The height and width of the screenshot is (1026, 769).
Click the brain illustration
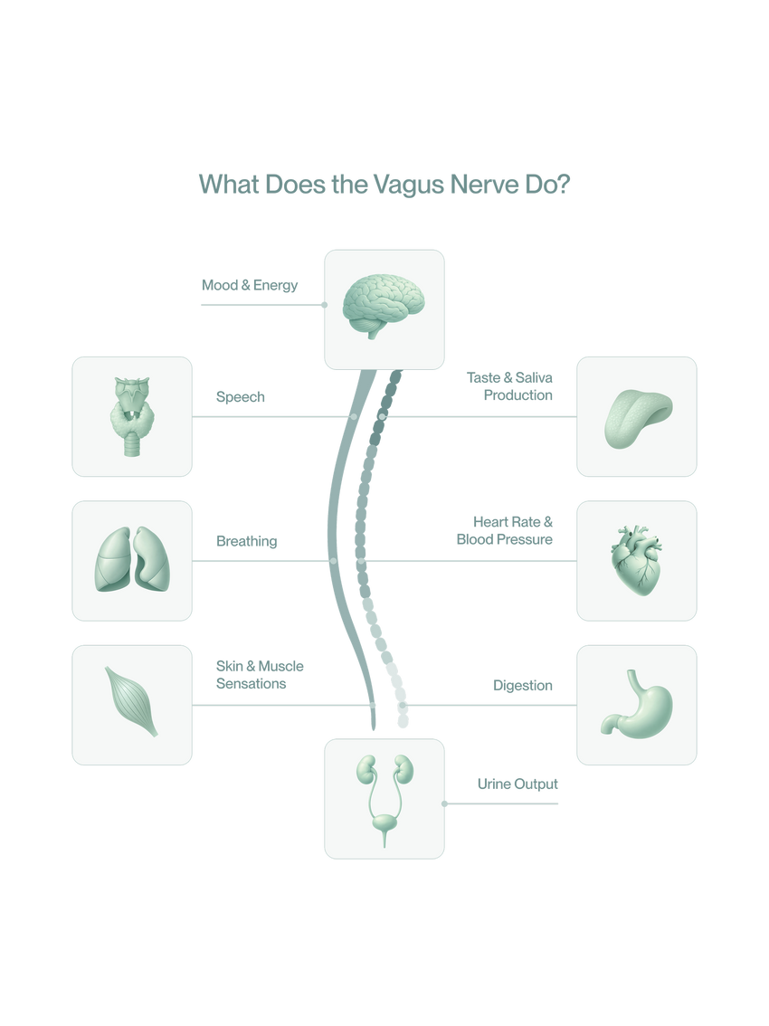tap(384, 306)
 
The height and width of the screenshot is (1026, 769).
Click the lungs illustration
tap(132, 561)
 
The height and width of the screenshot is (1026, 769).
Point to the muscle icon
tap(132, 702)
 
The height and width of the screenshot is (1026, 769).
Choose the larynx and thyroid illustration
tap(132, 412)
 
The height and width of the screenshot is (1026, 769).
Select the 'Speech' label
tap(240, 397)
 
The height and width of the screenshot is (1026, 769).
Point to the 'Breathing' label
tap(245, 541)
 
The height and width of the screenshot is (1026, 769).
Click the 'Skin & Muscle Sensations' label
tap(259, 675)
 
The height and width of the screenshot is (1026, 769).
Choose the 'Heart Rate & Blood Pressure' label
tap(505, 531)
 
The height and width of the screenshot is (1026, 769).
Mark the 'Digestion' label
tap(523, 685)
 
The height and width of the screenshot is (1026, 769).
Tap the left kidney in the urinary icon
tap(366, 771)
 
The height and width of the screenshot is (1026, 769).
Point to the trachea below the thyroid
tap(132, 442)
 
